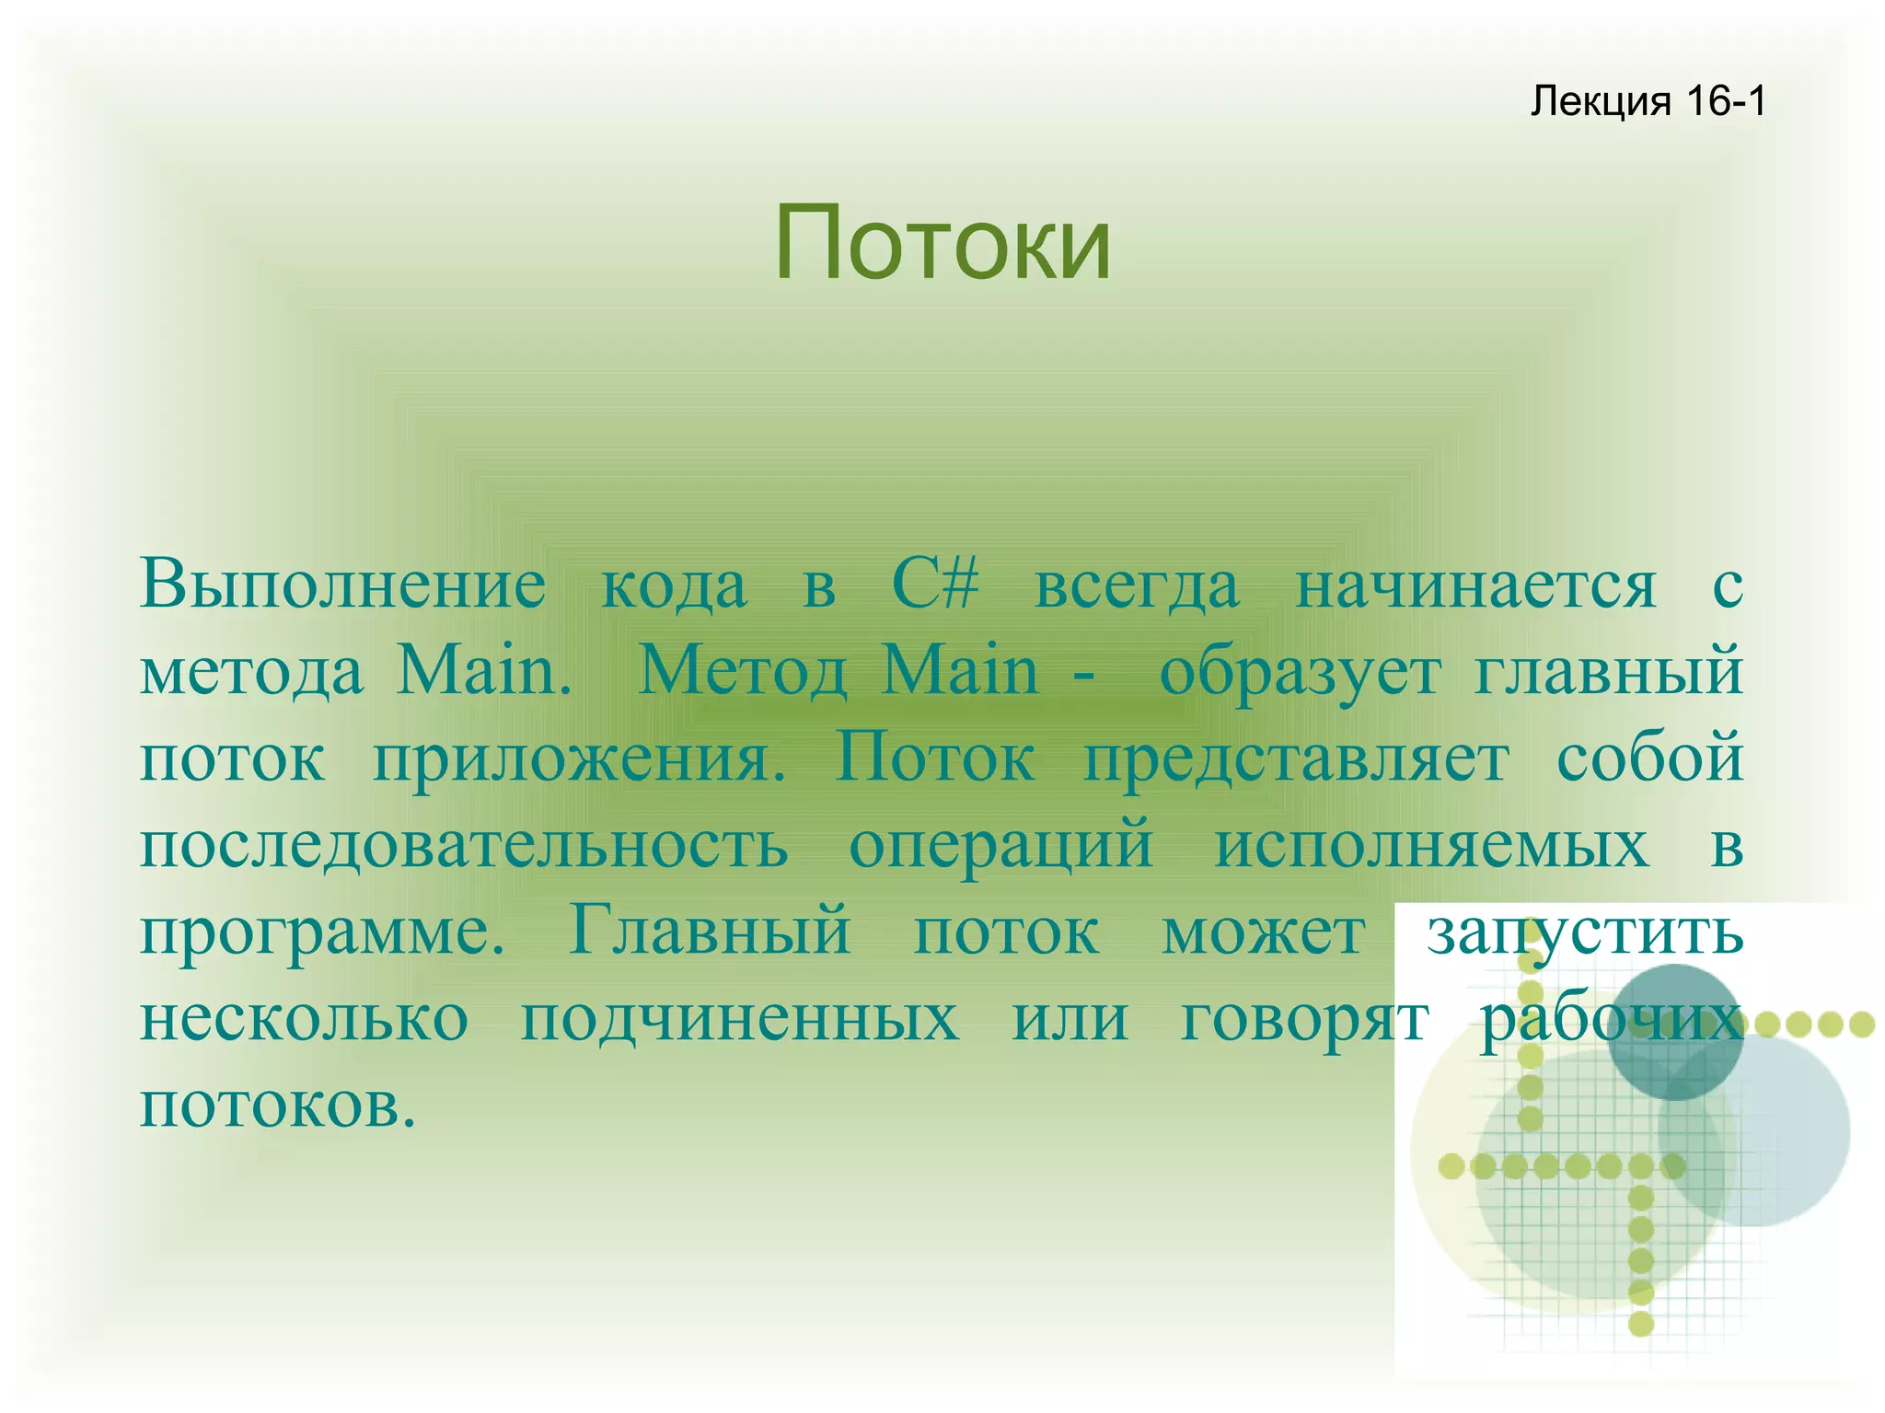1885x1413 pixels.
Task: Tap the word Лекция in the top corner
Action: [x=1600, y=101]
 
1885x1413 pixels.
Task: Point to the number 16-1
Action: [x=1726, y=101]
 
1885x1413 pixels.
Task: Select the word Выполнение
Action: [x=342, y=585]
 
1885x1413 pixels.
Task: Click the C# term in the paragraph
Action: [x=935, y=584]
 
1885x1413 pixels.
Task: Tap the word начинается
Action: [x=1476, y=585]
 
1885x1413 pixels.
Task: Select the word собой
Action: [x=1649, y=759]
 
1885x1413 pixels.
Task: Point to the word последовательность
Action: [x=464, y=845]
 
